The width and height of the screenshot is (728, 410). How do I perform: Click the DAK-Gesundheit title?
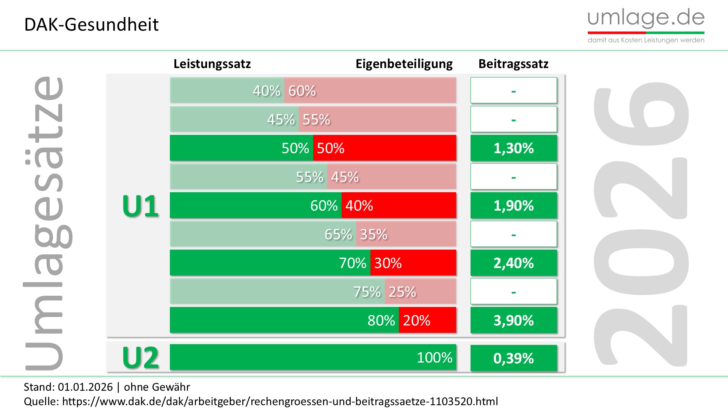pyautogui.click(x=91, y=25)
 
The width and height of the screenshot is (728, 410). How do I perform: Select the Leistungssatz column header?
pyautogui.click(x=212, y=64)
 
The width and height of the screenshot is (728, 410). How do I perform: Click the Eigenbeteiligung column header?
pyautogui.click(x=404, y=64)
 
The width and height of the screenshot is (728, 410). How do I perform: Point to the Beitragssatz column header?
pyautogui.click(x=513, y=64)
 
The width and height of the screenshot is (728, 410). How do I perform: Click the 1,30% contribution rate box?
pyautogui.click(x=513, y=148)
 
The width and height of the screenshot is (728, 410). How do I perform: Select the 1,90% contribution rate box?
pyautogui.click(x=513, y=205)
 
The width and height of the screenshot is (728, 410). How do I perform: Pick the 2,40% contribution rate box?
pyautogui.click(x=513, y=263)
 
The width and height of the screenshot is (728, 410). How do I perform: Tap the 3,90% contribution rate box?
pyautogui.click(x=513, y=320)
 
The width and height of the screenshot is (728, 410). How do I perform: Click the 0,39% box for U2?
pyautogui.click(x=513, y=358)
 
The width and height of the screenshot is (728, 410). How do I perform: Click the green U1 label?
pyautogui.click(x=140, y=206)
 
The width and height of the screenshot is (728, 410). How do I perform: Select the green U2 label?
pyautogui.click(x=140, y=358)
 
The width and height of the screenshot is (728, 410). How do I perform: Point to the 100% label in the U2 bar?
pyautogui.click(x=435, y=357)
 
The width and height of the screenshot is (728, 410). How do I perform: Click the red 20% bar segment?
pyautogui.click(x=427, y=320)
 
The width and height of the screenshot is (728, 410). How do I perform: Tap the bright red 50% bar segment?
pyautogui.click(x=384, y=148)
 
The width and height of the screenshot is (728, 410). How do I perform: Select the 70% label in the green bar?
pyautogui.click(x=352, y=263)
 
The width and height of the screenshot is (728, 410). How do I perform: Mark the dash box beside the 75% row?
pyautogui.click(x=513, y=292)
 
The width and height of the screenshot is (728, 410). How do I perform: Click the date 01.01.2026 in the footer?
pyautogui.click(x=85, y=387)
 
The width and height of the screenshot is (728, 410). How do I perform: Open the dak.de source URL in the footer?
pyautogui.click(x=280, y=401)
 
